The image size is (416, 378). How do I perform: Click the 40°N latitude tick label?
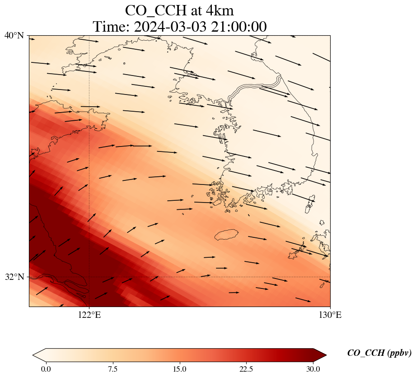tap(14, 35)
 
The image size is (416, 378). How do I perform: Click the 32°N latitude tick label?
tap(14, 277)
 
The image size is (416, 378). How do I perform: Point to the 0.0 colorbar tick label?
tap(46, 369)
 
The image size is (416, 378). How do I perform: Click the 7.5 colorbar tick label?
tap(112, 369)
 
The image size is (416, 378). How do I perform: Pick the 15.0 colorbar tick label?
tap(179, 369)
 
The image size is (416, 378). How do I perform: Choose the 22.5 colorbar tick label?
tap(246, 369)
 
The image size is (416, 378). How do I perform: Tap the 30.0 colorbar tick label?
tap(313, 369)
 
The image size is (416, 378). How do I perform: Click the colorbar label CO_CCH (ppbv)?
tap(379, 353)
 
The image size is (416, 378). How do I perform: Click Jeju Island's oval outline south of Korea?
tap(226, 235)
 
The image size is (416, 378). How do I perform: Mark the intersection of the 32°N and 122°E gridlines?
tap(89, 277)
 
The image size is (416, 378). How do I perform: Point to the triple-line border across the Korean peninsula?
tap(255, 88)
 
